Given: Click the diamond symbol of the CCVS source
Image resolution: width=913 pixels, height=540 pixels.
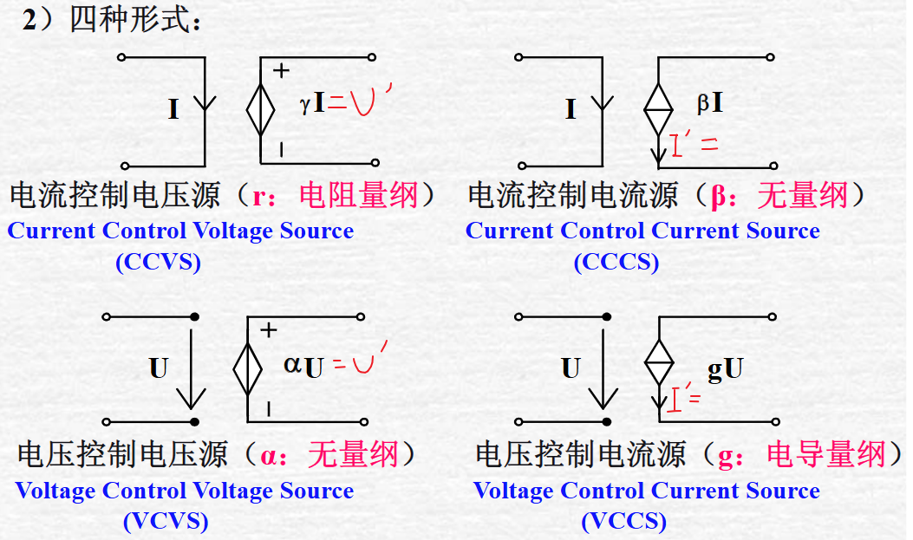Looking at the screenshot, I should pyautogui.click(x=261, y=109).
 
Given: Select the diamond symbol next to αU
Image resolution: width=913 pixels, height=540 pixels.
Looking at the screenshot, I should pyautogui.click(x=248, y=366).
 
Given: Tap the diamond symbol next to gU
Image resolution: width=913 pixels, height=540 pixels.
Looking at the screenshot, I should pyautogui.click(x=659, y=356).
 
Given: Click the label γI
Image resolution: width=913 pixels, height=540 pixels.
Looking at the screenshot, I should pyautogui.click(x=312, y=105).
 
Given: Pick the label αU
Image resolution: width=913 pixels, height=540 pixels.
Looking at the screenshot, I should pyautogui.click(x=303, y=366).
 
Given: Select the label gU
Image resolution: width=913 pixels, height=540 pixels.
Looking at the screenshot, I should pyautogui.click(x=725, y=369).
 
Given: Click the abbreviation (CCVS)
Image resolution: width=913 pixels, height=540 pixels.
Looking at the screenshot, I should pyautogui.click(x=158, y=262).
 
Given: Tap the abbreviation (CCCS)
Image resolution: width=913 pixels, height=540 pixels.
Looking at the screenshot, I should pyautogui.click(x=616, y=262).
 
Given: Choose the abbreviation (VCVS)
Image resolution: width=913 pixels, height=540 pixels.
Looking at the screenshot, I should pyautogui.click(x=166, y=521).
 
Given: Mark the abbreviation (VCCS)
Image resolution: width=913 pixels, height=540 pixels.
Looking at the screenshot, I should pyautogui.click(x=623, y=521).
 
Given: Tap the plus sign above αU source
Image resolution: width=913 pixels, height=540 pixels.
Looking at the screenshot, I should pyautogui.click(x=269, y=329).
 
